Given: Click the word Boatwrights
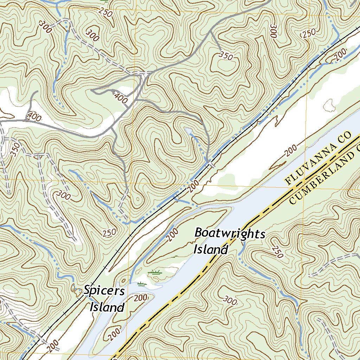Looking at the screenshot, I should (x=230, y=233).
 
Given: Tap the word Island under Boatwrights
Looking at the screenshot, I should (x=211, y=250).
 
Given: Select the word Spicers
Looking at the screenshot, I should (x=104, y=291).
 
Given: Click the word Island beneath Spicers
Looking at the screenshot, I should (x=107, y=307).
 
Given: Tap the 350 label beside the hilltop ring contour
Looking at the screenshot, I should (x=226, y=56).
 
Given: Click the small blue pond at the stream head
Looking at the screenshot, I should (x=189, y=131).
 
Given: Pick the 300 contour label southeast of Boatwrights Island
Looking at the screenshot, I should (x=230, y=300).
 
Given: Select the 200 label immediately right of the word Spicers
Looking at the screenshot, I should (x=140, y=298).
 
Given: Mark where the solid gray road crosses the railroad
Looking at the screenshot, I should (x=210, y=162).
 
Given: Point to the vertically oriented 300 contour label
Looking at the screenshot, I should (x=274, y=31).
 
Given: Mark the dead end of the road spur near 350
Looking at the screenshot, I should (x=221, y=50).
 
